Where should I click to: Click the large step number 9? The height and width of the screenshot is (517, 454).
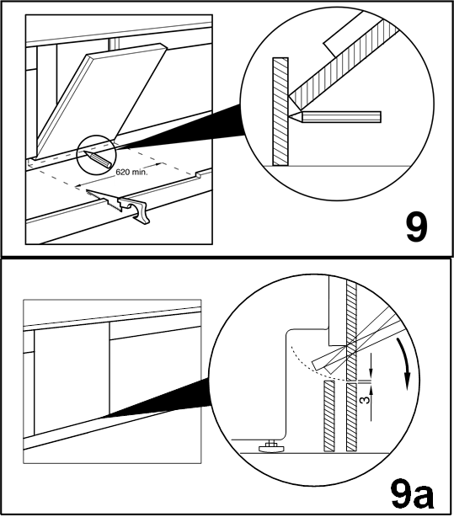pyautogui.click(x=416, y=227)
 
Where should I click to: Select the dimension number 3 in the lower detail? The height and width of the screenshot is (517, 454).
pyautogui.click(x=365, y=400)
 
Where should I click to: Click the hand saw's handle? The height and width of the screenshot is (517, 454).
pyautogui.click(x=136, y=210)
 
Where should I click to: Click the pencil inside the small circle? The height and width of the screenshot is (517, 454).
pyautogui.click(x=97, y=158)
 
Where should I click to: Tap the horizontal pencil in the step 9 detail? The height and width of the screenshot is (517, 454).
pyautogui.click(x=334, y=116)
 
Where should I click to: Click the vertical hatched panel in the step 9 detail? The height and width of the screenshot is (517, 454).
pyautogui.click(x=280, y=111)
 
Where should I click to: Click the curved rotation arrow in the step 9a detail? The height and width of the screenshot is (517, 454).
pyautogui.click(x=404, y=363)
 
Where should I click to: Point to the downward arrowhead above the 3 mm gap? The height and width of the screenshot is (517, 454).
pyautogui.click(x=371, y=374)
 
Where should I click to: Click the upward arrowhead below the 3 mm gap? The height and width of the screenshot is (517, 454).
pyautogui.click(x=371, y=391)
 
